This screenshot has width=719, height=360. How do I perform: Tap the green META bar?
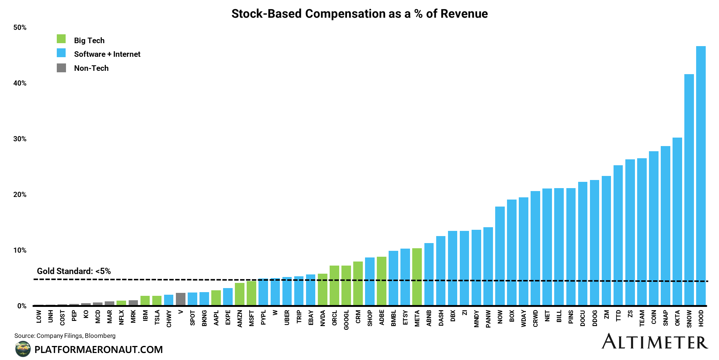coord(417,277)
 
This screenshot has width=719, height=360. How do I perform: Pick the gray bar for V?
coord(181,299)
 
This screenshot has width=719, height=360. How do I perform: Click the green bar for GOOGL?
coord(346,285)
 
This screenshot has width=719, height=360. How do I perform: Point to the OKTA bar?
coord(677,221)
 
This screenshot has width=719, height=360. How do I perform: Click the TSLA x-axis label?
coord(157,318)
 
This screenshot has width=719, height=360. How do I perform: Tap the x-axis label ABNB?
coord(429,318)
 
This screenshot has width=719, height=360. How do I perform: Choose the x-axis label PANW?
coord(488,319)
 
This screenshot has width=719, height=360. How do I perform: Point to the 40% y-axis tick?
coord(20,83)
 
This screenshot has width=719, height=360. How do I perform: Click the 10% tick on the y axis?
coord(20,250)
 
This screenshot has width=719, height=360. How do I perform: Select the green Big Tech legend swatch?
coord(61,39)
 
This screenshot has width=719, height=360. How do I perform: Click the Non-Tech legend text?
coord(91,68)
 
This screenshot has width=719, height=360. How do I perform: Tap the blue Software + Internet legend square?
coord(61,53)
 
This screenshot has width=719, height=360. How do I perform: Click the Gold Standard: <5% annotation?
coord(74,271)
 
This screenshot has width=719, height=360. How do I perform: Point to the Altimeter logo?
coord(654,342)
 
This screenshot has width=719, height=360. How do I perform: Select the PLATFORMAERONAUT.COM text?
coord(98,350)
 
